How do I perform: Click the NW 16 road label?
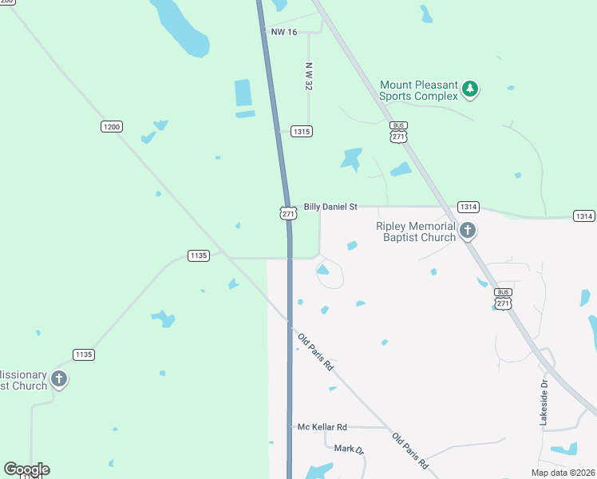click(x=284, y=32)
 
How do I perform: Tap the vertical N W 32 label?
click(x=308, y=77)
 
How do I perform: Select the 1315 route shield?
click(x=301, y=131)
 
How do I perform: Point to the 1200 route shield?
click(x=112, y=126)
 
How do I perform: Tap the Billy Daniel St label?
click(x=330, y=206)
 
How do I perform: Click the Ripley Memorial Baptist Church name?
click(x=415, y=232)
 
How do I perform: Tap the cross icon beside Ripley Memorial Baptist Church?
click(x=468, y=232)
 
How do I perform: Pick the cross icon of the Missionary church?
click(x=59, y=378)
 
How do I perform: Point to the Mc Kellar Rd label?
click(x=322, y=427)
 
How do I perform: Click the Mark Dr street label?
click(x=349, y=449)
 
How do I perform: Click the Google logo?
click(x=26, y=469)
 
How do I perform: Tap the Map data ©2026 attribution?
click(x=563, y=472)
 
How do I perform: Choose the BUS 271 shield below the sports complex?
click(x=398, y=132)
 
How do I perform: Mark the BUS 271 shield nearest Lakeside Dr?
click(x=503, y=298)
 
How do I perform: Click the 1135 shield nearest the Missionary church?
click(x=83, y=354)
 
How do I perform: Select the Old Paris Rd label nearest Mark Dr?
click(x=410, y=450)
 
